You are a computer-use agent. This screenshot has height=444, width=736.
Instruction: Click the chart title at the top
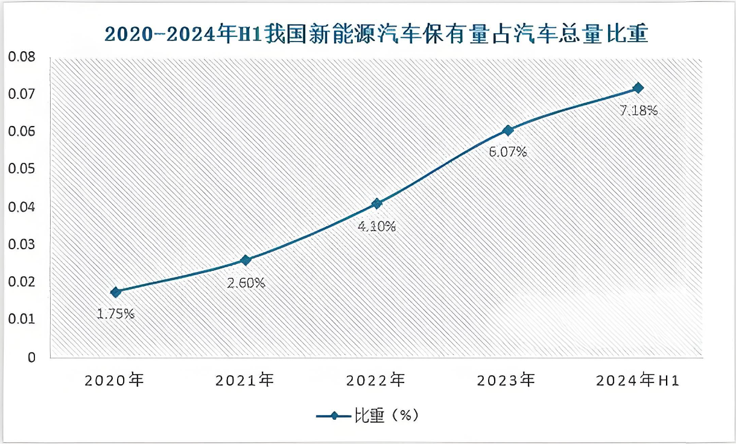coord(376,34)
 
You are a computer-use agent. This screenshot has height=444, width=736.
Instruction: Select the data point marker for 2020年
coord(115,292)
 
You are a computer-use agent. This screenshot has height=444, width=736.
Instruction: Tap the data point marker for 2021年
coord(246,260)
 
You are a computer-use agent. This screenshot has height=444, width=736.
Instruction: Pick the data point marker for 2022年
coord(376,204)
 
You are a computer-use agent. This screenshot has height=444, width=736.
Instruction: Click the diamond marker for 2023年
coord(507,130)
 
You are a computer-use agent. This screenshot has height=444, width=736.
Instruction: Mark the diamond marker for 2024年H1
coord(638,88)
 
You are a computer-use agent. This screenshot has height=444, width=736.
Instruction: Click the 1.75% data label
coord(115,314)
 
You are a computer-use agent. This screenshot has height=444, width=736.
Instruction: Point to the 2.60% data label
coord(246,282)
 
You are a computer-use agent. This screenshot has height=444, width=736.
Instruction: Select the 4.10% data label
coord(376,227)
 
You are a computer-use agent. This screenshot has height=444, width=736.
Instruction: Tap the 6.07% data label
coord(507,152)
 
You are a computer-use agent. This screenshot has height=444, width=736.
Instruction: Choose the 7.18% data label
coord(638,110)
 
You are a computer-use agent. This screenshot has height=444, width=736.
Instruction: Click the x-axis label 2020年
coord(115,381)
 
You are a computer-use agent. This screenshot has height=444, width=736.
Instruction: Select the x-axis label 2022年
coord(376,381)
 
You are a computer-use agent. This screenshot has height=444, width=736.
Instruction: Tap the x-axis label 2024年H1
coord(638,381)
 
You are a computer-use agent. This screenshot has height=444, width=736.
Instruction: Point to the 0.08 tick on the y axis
coord(22,57)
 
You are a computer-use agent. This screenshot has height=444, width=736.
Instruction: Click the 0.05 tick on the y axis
coord(22,170)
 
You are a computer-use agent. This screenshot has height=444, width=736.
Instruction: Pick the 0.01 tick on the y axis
coord(22,319)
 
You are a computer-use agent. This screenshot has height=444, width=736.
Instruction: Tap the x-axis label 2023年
coord(506,381)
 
